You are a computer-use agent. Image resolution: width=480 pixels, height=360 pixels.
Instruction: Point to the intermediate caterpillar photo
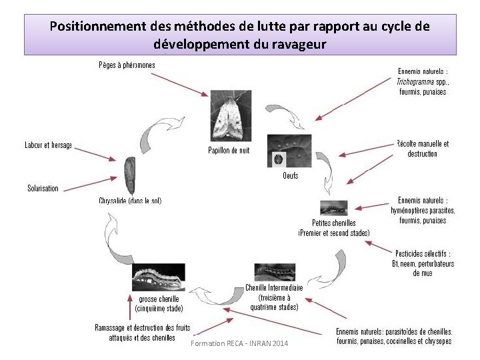pyautogui.click(x=274, y=272)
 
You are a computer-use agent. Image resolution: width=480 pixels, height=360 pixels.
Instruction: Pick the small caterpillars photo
pyautogui.click(x=334, y=207)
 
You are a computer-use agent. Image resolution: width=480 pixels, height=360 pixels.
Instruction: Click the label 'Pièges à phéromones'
pyautogui.click(x=127, y=65)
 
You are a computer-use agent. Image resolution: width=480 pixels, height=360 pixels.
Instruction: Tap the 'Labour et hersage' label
pyautogui.click(x=48, y=145)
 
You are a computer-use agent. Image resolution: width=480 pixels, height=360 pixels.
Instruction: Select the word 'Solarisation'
pyautogui.click(x=43, y=188)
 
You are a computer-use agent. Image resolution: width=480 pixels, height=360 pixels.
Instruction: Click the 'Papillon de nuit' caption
pyautogui.click(x=229, y=150)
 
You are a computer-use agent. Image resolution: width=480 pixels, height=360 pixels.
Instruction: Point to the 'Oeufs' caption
pyautogui.click(x=290, y=176)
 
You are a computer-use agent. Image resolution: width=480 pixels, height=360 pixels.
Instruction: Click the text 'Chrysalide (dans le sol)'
pyautogui.click(x=130, y=200)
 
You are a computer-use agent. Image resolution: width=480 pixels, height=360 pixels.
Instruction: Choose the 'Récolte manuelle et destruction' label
pyautogui.click(x=422, y=148)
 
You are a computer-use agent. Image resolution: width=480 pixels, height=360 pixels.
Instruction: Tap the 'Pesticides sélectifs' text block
pyautogui.click(x=422, y=263)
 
